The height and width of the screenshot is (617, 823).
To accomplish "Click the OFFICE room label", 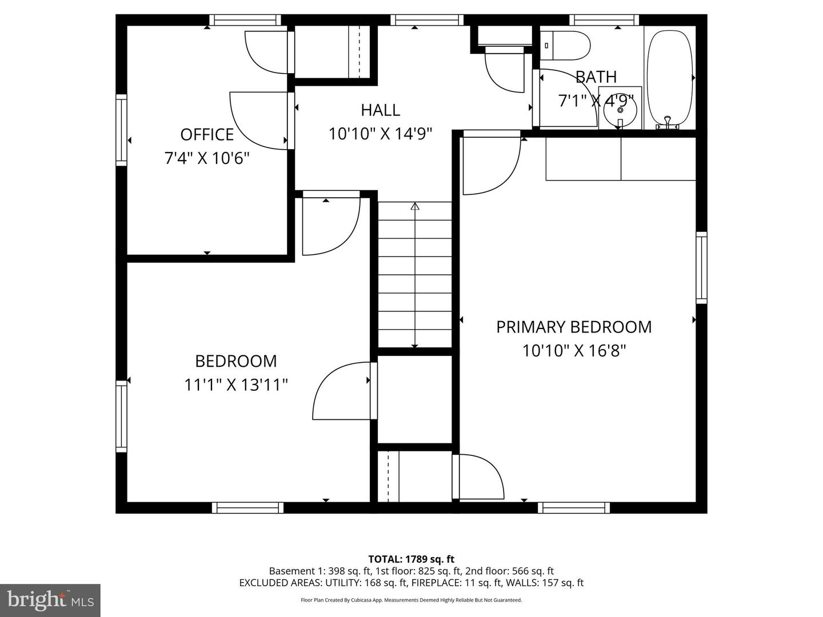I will [207, 134].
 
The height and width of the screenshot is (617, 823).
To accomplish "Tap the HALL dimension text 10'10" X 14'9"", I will [380, 134].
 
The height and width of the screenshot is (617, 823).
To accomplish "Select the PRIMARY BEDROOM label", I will [574, 327].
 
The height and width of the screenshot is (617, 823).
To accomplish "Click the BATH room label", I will [596, 77].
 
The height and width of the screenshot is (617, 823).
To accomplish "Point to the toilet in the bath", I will [566, 46].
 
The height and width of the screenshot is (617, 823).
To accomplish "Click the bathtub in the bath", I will [669, 77].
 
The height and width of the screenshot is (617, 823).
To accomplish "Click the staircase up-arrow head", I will [415, 206].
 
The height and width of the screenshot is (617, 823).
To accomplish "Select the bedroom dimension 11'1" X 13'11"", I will [235, 385].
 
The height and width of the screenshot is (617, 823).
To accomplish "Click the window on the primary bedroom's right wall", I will [701, 268].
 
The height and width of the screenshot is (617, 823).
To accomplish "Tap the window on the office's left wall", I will [121, 130].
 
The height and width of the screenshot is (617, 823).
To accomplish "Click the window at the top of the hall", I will [427, 21].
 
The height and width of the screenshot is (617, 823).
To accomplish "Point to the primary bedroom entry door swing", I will [492, 166].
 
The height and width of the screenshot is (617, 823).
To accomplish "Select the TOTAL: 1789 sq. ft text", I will [411, 559].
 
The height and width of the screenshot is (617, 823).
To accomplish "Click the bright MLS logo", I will [50, 600].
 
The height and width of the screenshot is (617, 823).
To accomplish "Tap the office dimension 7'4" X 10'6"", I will [207, 158].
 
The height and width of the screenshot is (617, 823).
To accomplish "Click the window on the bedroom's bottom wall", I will [247, 507].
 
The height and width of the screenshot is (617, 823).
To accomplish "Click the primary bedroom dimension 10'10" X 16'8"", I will [574, 351].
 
